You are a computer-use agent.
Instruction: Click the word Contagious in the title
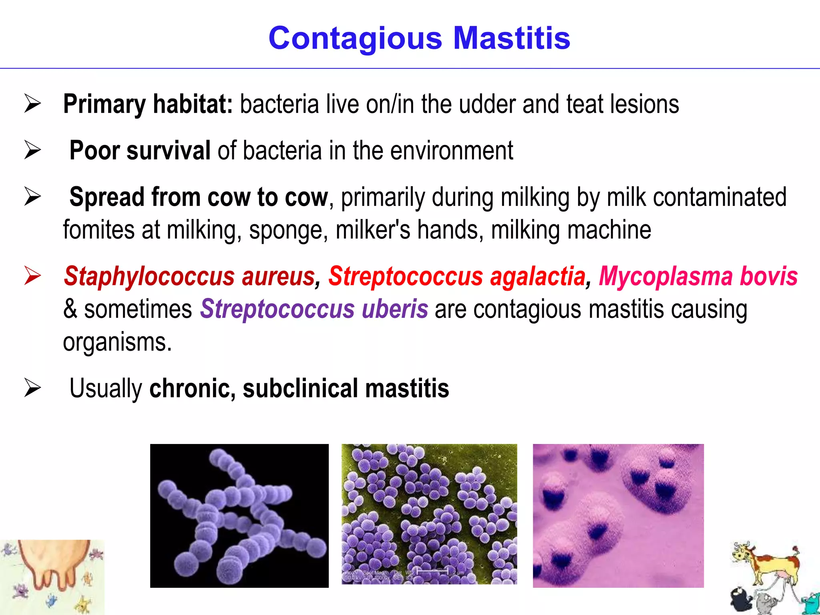(355, 39)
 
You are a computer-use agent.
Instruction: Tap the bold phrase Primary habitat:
(148, 104)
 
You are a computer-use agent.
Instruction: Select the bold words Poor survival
(140, 151)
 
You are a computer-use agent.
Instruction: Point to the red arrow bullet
(32, 276)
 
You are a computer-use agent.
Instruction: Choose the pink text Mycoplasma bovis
(698, 277)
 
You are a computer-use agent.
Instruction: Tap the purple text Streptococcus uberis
(314, 309)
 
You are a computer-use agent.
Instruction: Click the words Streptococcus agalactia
(456, 277)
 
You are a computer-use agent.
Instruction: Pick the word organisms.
(117, 342)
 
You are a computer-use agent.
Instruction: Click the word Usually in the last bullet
(106, 388)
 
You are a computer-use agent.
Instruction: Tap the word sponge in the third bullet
(285, 230)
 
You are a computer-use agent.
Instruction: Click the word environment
(451, 151)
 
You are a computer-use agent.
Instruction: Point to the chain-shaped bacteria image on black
(239, 516)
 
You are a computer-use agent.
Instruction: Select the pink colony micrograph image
(618, 516)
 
